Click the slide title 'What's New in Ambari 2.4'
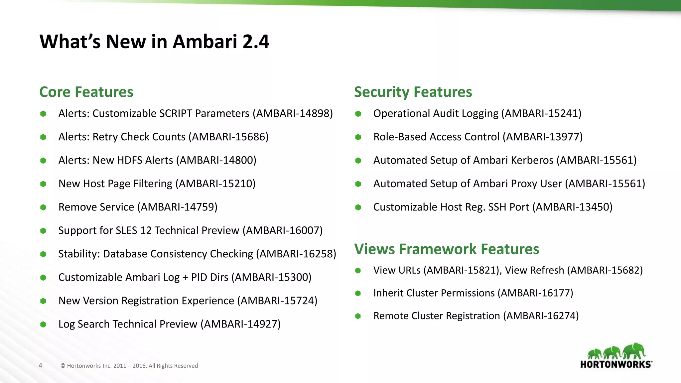(154, 42)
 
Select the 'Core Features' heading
(86, 92)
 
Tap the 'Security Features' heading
(413, 92)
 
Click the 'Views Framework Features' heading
(446, 249)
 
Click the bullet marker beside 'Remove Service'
(43, 207)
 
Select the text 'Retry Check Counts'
(139, 137)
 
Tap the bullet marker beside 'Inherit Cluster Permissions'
(358, 293)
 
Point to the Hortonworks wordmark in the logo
(616, 364)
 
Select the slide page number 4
(41, 365)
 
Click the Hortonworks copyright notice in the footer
(129, 366)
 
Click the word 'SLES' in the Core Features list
(126, 230)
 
